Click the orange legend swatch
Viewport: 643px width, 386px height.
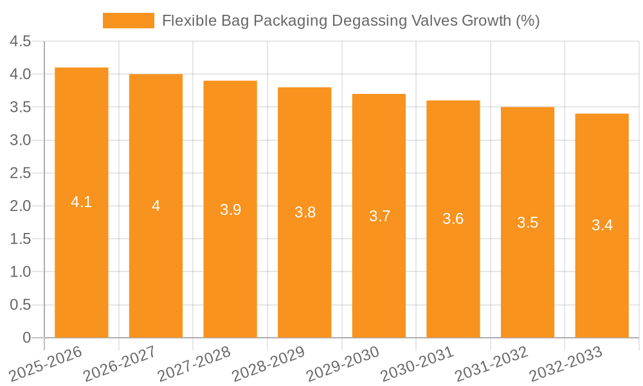coord(129,21)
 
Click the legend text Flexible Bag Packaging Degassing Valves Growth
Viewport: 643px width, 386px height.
coord(350,21)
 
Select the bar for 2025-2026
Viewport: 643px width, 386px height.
coord(82,203)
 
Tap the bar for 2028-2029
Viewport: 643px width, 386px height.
coord(305,212)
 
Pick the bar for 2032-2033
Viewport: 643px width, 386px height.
coord(602,225)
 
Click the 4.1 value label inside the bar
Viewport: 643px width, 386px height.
coord(82,202)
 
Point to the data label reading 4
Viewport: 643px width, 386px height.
coord(156,206)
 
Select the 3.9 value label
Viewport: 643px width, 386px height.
coord(230,209)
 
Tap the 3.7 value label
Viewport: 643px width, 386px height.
coord(379,216)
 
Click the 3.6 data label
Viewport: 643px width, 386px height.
coord(453,219)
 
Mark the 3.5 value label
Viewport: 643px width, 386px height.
coord(527,223)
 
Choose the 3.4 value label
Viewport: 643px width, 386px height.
coord(602,225)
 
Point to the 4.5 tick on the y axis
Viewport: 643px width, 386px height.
coord(21,41)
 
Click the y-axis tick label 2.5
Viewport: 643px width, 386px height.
coord(21,173)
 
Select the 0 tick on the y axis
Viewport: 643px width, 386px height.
coord(26,338)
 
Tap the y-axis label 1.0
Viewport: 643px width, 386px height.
coord(21,272)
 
